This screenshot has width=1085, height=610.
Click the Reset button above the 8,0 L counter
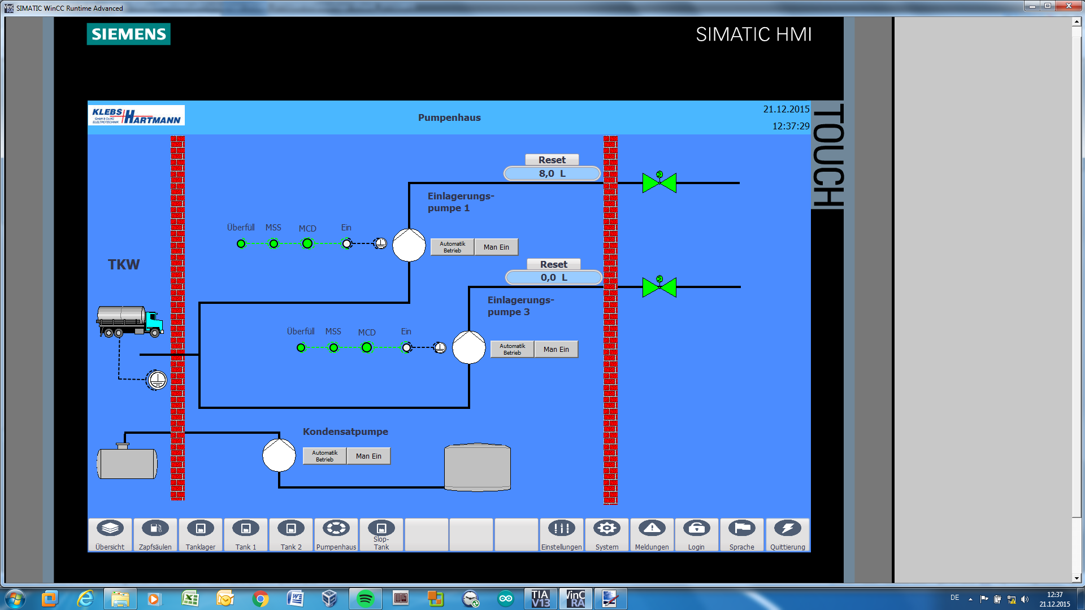(552, 160)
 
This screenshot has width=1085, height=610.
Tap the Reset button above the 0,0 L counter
(553, 264)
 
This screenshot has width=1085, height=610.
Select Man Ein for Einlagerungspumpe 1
(496, 247)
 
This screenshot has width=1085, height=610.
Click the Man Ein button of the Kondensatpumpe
(368, 456)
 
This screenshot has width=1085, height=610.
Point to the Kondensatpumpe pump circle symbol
(279, 455)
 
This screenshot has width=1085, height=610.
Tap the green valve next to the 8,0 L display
(659, 182)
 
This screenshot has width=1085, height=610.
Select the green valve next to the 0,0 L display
(659, 287)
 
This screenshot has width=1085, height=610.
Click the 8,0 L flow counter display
(552, 173)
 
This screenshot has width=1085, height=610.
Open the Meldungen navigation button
(652, 534)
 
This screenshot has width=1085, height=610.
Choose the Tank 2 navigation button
(291, 534)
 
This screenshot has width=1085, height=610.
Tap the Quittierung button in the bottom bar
(787, 534)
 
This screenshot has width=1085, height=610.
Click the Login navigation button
(696, 534)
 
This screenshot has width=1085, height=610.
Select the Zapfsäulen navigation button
(155, 534)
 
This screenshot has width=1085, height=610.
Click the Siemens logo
(128, 34)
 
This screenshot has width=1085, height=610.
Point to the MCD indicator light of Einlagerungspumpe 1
(307, 243)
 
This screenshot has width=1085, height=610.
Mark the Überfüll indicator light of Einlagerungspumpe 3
(301, 348)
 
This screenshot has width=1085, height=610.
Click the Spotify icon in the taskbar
(366, 598)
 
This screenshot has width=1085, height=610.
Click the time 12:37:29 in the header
(791, 126)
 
